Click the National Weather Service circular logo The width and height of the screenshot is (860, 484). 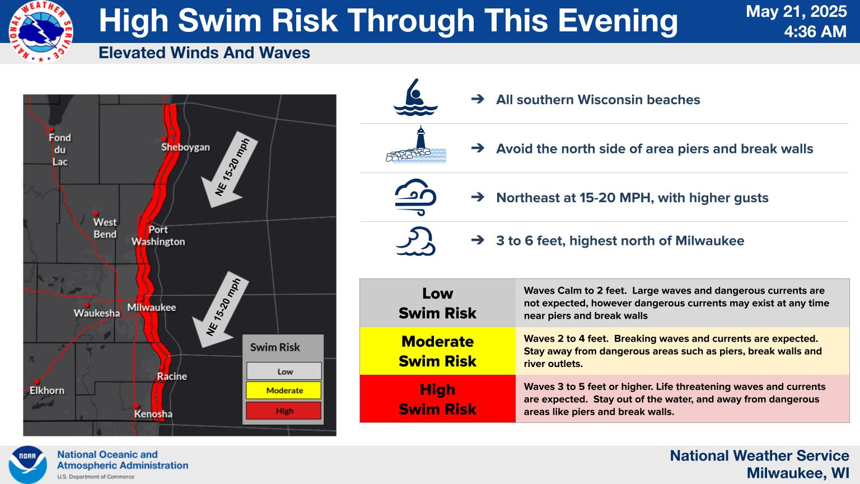41,31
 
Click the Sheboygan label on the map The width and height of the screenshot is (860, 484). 185,147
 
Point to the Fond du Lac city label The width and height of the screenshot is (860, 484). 60,150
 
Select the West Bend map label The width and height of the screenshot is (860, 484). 105,228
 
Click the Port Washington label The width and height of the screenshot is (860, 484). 158,235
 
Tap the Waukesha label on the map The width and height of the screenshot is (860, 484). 97,313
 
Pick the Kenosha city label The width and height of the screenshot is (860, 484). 153,414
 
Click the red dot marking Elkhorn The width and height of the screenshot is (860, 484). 37,382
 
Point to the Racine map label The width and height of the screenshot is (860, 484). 172,376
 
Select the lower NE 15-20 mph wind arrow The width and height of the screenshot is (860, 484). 221,310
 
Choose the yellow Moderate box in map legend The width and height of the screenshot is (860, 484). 284,390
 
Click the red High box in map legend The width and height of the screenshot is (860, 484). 284,411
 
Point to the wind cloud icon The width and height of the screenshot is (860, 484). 416,197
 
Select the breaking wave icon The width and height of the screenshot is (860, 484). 416,241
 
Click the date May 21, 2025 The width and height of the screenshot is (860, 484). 796,12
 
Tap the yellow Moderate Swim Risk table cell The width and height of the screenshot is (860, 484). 438,351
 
